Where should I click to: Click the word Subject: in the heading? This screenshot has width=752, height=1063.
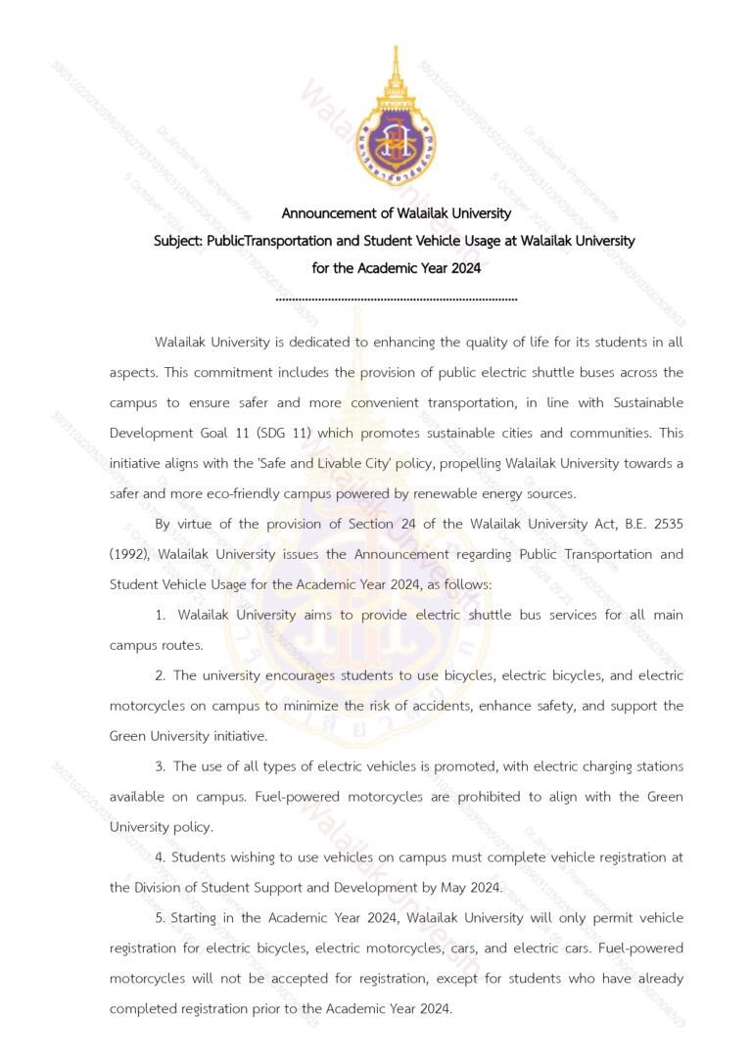point(178,240)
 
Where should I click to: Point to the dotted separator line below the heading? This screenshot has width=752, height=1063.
point(397,298)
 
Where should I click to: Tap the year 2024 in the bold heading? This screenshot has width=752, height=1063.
point(464,267)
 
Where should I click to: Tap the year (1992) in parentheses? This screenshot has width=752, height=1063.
point(127,554)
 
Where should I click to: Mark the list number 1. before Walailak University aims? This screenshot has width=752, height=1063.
point(161,615)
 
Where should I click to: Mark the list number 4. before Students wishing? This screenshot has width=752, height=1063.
point(161,857)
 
